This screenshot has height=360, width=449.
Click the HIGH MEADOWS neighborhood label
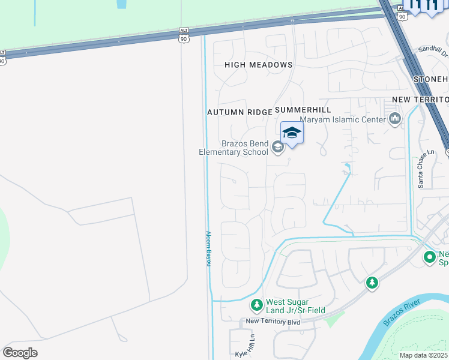(258, 65)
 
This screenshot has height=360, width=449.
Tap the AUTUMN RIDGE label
(239, 112)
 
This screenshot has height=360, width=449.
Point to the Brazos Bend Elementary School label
(234, 148)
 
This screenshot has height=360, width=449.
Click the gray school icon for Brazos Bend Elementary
(277, 146)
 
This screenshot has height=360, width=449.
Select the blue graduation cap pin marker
(292, 133)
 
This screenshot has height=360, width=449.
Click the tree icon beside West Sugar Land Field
(257, 305)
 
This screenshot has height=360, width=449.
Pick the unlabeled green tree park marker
(372, 282)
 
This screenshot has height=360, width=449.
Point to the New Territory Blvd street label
(273, 322)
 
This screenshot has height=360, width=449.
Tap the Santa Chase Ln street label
(421, 170)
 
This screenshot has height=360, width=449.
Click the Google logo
(20, 352)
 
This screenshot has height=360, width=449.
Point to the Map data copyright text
(424, 355)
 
